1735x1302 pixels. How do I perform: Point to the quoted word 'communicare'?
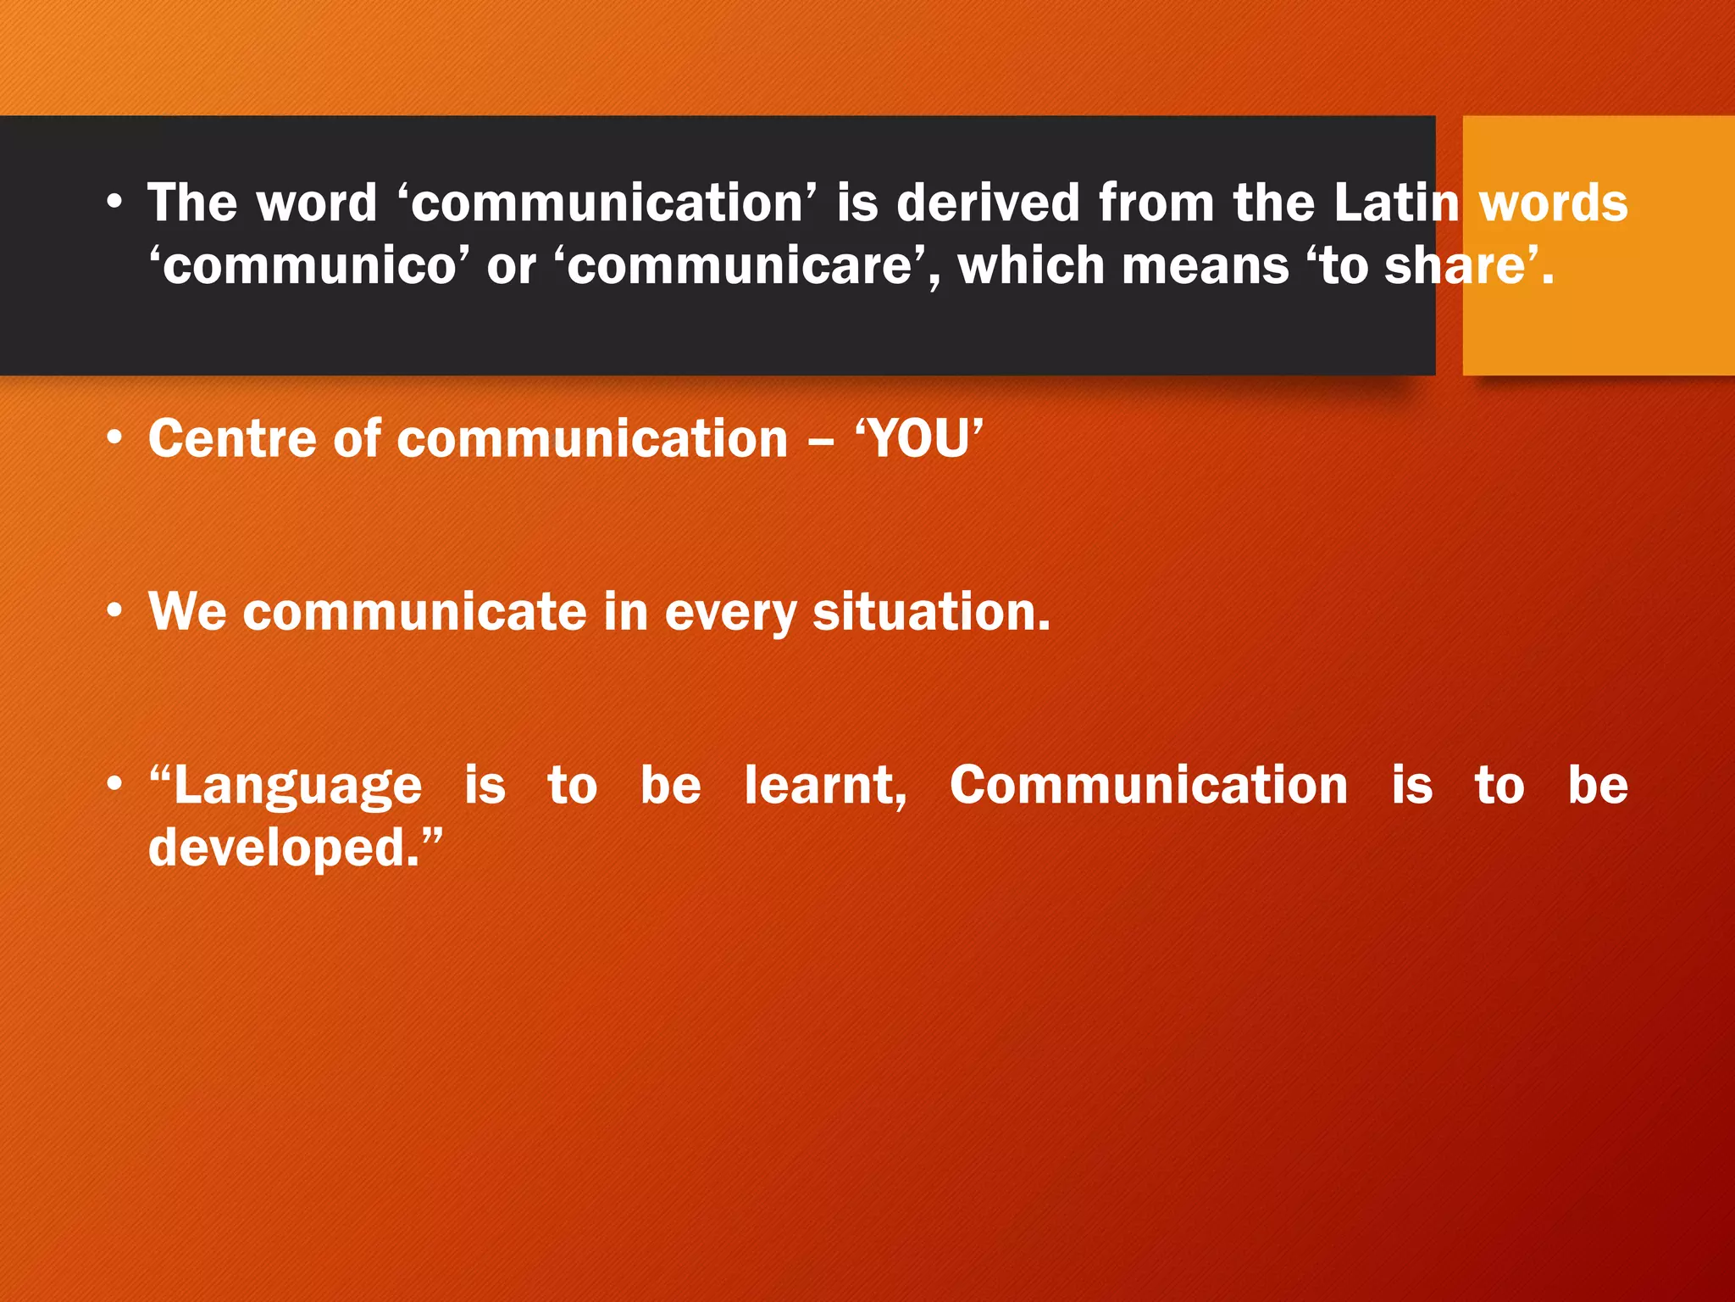point(746,266)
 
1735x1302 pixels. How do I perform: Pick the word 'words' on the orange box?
point(1553,203)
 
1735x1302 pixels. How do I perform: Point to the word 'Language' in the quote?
point(297,787)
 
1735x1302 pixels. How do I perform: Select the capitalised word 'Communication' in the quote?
point(1148,785)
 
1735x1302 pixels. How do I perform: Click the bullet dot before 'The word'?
point(114,203)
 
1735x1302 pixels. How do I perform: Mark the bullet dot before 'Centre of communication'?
point(114,439)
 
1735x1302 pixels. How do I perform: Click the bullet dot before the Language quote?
point(114,785)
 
